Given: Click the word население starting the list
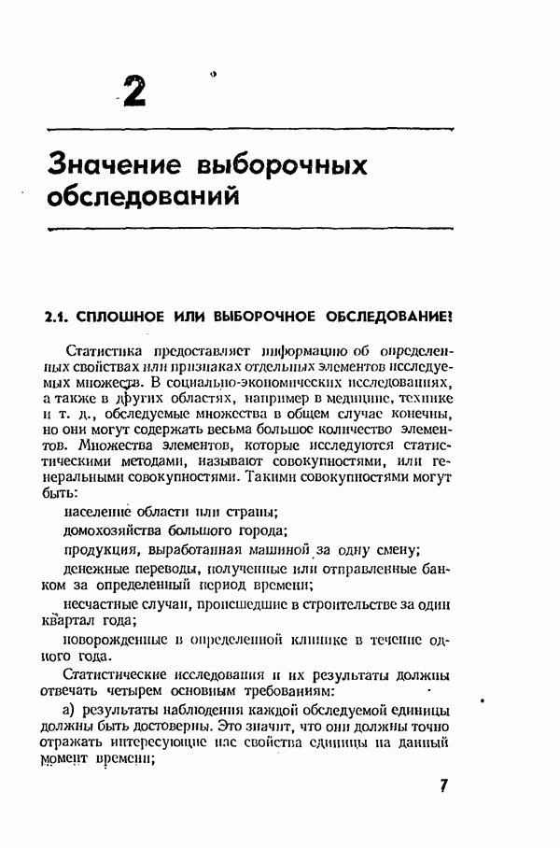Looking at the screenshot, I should (99, 510).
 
